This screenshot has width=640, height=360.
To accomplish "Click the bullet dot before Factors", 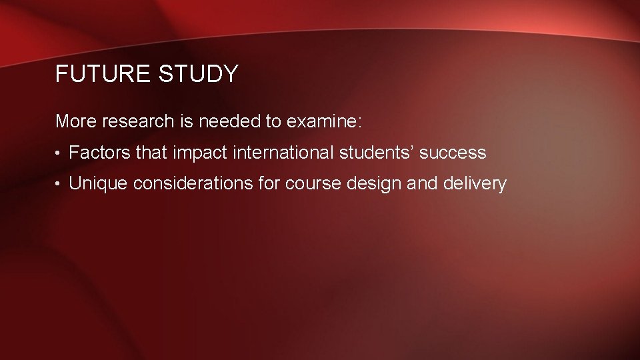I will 59,154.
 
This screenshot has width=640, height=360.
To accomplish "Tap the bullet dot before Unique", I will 59,185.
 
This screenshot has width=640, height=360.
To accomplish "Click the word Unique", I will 99,184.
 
